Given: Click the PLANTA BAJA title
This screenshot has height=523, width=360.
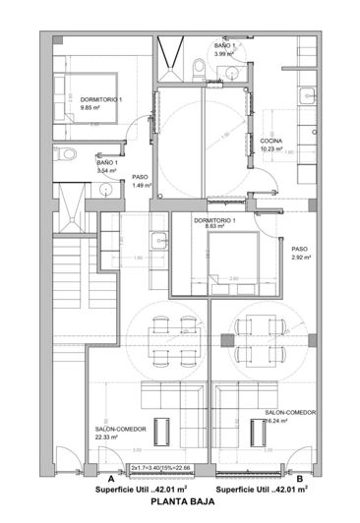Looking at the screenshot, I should click(x=180, y=500).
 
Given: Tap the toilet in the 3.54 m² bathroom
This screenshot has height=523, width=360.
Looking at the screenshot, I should click(x=65, y=155).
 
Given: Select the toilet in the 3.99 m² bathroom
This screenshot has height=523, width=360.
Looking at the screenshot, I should click(x=201, y=66).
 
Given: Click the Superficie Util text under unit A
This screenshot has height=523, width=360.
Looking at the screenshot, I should click(x=134, y=488).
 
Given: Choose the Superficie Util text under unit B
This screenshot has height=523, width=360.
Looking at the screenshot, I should click(x=261, y=488).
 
